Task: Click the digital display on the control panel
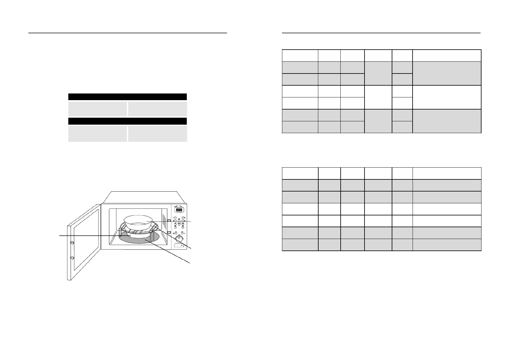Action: coord(179,210)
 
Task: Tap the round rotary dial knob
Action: coord(180,238)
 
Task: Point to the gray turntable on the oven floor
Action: coord(139,238)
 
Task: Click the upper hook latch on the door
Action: coord(72,243)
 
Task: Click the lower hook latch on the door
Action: coord(72,258)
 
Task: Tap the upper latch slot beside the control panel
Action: coord(169,221)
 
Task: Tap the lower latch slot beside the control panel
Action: coord(169,232)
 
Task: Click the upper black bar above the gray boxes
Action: coord(127,97)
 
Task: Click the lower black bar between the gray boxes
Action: coord(127,121)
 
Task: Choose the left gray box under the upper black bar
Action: coord(97,109)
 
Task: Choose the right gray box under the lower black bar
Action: coord(157,134)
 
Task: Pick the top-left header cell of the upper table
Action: coord(300,55)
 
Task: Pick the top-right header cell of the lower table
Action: coord(447,173)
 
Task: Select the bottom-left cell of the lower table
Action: coord(300,245)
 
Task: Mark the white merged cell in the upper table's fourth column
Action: coord(378,97)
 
